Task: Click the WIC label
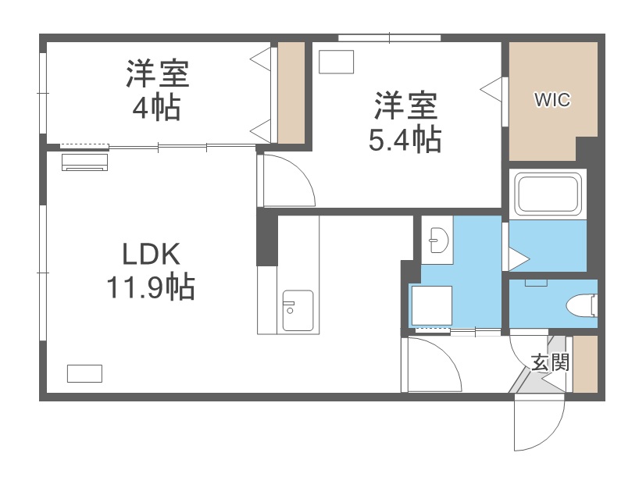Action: click(551, 100)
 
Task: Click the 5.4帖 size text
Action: click(405, 140)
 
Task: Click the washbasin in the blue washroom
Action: click(437, 241)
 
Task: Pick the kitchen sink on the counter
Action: click(298, 310)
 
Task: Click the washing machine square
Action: click(432, 307)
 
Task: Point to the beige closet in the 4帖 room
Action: click(291, 94)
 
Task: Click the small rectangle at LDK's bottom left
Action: click(84, 373)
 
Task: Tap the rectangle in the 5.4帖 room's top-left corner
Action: click(337, 62)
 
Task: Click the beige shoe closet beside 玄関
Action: click(585, 364)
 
